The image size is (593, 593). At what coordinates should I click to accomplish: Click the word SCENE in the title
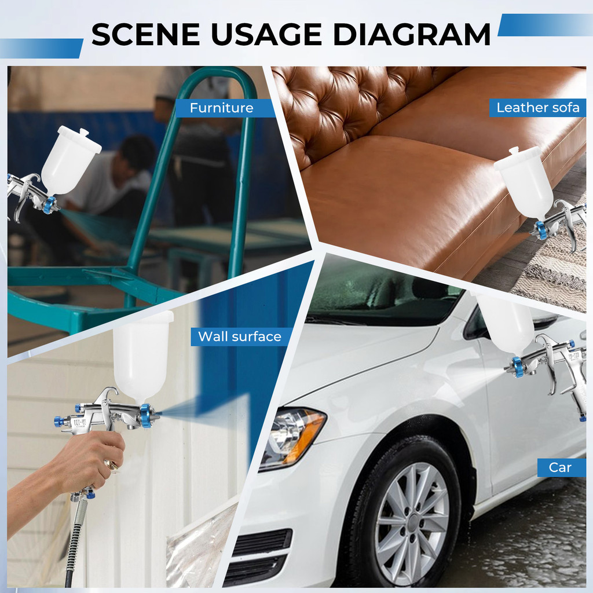click(145, 34)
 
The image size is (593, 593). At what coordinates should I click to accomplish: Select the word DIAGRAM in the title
click(412, 34)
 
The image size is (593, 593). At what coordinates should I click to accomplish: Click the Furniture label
click(222, 108)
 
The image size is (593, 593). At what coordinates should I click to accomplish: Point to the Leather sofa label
click(538, 107)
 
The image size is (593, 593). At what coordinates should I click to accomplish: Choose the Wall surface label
click(240, 336)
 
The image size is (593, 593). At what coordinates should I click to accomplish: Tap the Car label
click(560, 467)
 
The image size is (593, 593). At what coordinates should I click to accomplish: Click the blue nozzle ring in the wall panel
click(145, 415)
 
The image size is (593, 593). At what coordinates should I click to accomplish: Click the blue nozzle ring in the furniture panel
click(49, 206)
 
